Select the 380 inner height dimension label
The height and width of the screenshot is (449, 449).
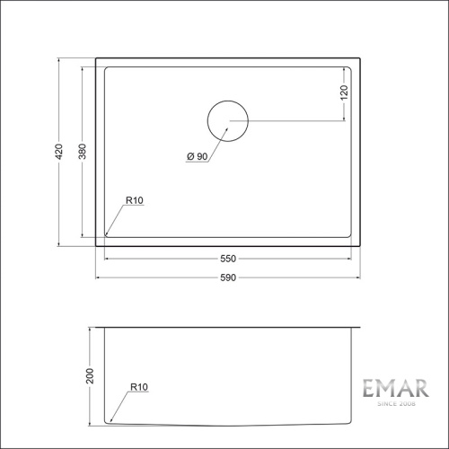pyautogui.click(x=83, y=152)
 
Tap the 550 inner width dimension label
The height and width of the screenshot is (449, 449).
pyautogui.click(x=228, y=259)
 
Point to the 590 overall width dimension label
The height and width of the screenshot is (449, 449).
pyautogui.click(x=228, y=277)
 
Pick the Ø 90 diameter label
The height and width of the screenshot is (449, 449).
pyautogui.click(x=198, y=157)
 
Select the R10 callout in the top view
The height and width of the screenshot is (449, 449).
pyautogui.click(x=135, y=200)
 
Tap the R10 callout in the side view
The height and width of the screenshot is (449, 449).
pyautogui.click(x=138, y=387)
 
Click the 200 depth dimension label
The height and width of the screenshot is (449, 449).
pyautogui.click(x=90, y=374)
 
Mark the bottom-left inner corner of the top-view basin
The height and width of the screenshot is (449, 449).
pyautogui.click(x=107, y=235)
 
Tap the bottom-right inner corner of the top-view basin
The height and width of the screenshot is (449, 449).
pyautogui.click(x=350, y=235)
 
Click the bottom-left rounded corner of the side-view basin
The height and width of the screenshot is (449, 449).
pyautogui.click(x=109, y=420)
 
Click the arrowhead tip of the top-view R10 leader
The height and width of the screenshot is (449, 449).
pyautogui.click(x=107, y=234)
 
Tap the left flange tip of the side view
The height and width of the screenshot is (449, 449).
pyautogui.click(x=96, y=327)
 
